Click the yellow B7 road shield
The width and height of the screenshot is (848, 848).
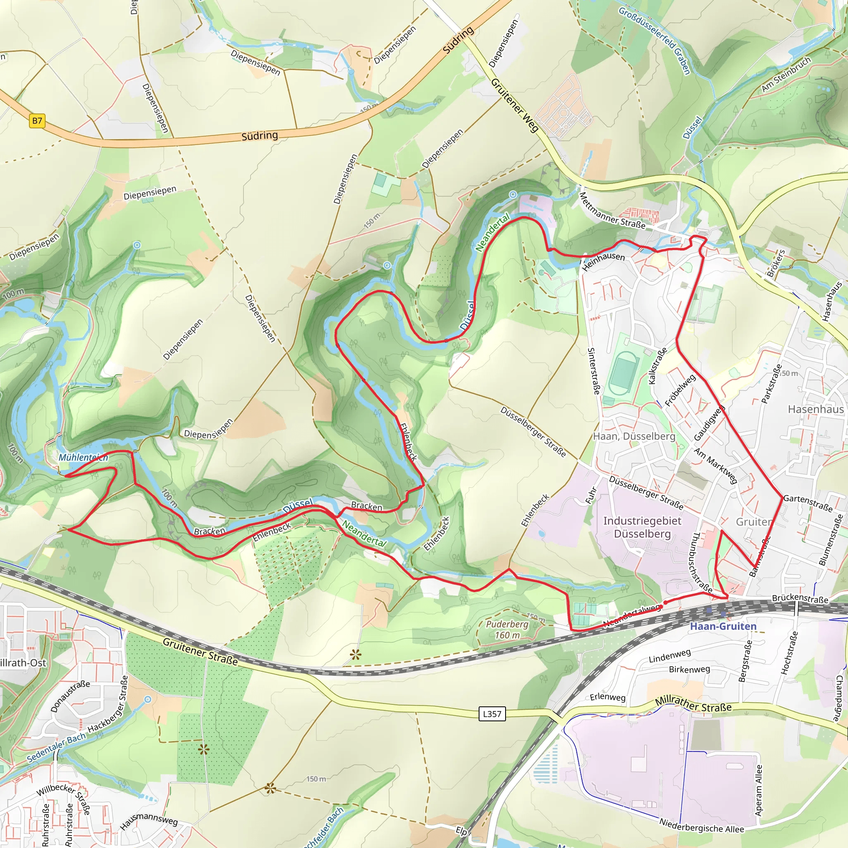pos(37,121)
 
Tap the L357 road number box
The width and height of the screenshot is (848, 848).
pos(491,714)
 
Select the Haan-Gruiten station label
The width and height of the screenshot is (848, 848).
pos(723,626)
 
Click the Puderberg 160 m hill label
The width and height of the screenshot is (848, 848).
pos(507,629)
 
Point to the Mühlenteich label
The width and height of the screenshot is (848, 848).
pos(83,458)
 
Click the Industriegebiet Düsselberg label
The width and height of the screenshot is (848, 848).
pos(642,527)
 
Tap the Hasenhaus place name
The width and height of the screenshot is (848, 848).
pos(816,409)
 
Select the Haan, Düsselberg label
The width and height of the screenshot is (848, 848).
pos(634,436)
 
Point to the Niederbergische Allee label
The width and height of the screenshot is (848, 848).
pos(701,826)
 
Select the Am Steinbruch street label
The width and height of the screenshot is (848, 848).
pos(785,75)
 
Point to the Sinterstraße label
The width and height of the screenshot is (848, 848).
pos(593,371)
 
